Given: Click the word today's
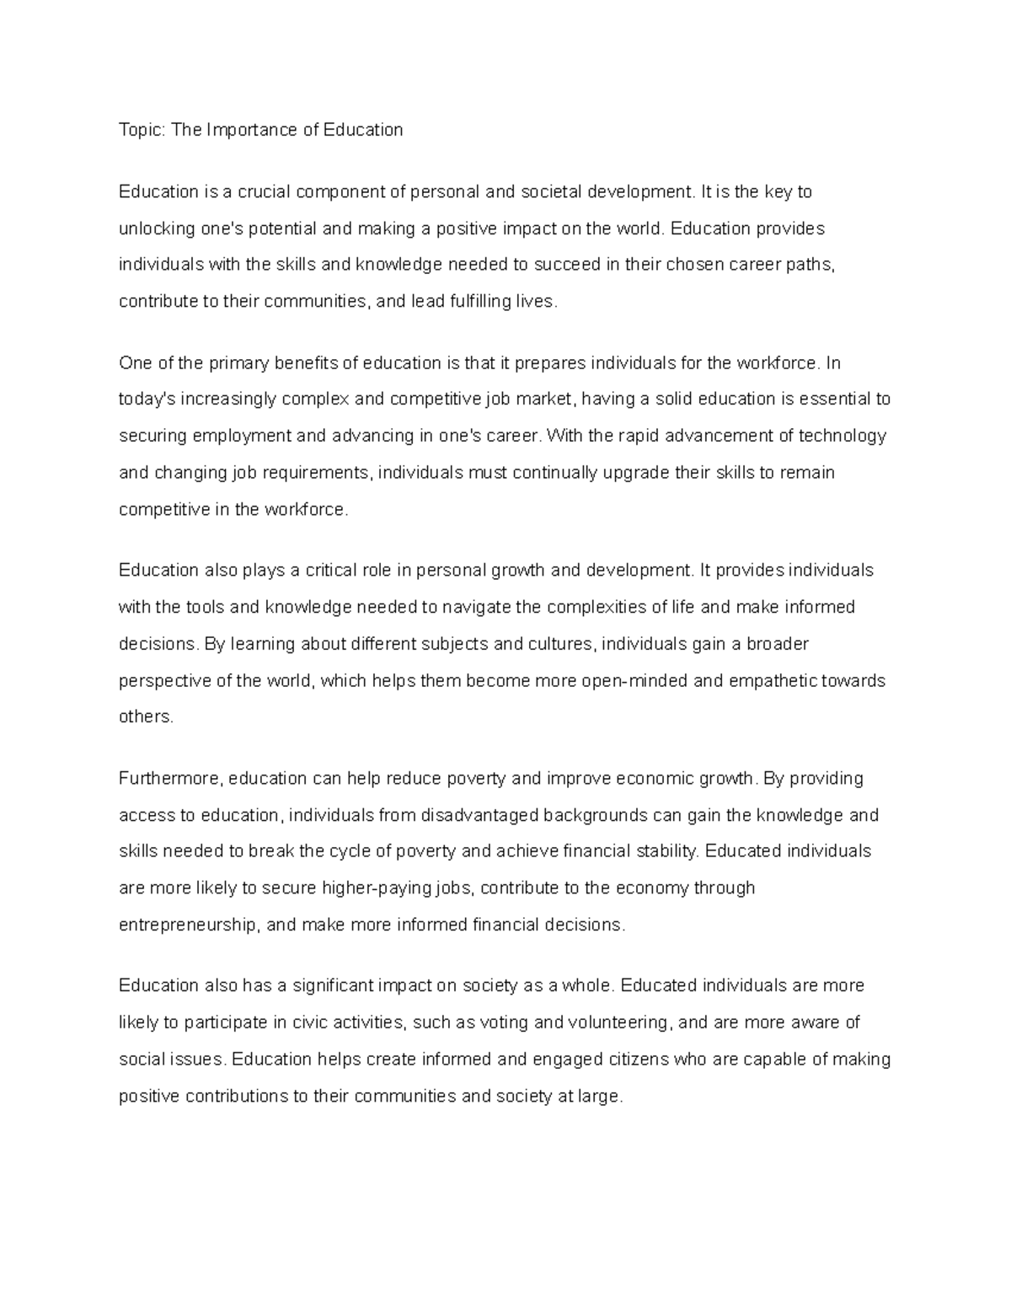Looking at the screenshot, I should pyautogui.click(x=147, y=400).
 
